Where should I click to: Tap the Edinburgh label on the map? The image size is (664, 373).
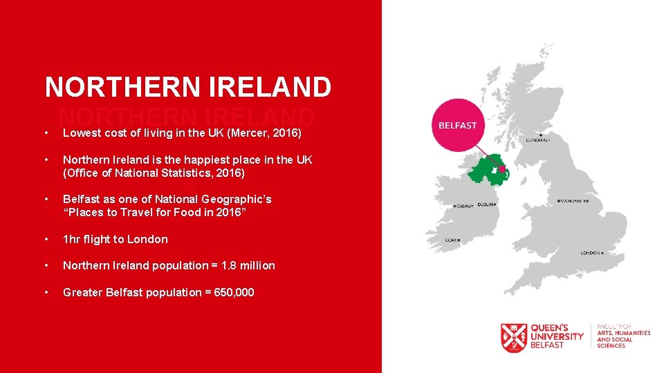click(x=540, y=139)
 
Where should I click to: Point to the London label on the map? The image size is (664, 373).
click(x=590, y=253)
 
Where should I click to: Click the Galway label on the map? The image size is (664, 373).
click(x=465, y=205)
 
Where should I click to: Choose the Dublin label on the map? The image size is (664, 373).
click(x=486, y=204)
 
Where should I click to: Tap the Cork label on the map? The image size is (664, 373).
click(x=452, y=240)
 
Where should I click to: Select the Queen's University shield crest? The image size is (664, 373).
click(x=514, y=338)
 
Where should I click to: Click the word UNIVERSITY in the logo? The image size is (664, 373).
click(x=557, y=336)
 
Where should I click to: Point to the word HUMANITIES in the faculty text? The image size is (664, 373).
click(x=631, y=333)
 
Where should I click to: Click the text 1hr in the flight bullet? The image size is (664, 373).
click(x=72, y=239)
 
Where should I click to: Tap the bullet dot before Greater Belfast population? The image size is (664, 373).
click(x=46, y=292)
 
